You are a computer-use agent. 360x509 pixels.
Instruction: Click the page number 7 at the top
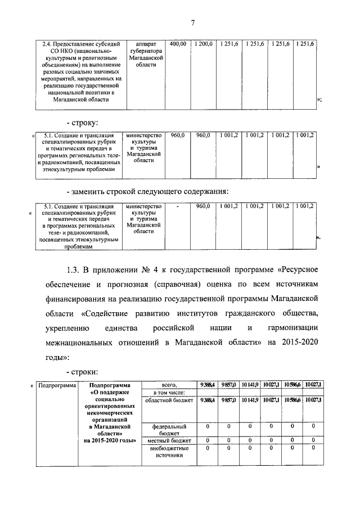[x=192, y=22]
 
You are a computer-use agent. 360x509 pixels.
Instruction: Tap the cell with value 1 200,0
[x=204, y=43]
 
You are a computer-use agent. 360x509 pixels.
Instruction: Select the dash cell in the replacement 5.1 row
[x=178, y=206]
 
